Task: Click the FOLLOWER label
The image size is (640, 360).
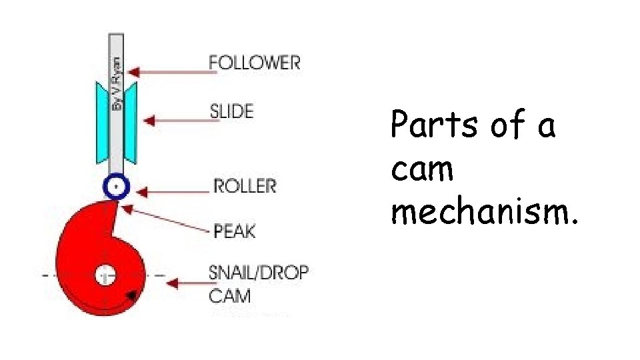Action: tap(254, 63)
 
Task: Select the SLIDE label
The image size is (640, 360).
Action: tap(231, 111)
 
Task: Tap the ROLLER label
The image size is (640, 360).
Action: tap(244, 185)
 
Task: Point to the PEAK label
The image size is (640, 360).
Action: tap(234, 231)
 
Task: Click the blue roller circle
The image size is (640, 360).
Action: tap(116, 187)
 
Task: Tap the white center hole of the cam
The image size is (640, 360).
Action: tap(105, 274)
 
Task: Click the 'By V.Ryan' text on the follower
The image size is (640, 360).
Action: tap(117, 83)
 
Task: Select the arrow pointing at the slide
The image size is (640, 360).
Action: tap(177, 121)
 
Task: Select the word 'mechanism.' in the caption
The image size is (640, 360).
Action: tap(484, 213)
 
